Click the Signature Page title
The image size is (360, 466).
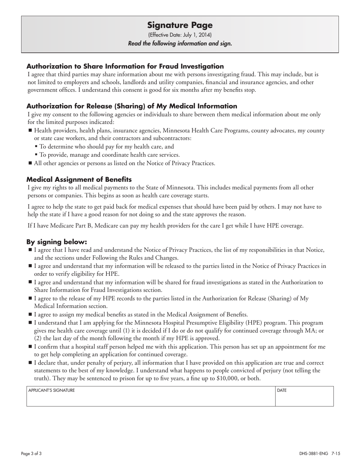pos(180,25)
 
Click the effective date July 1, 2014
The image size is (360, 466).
pos(180,35)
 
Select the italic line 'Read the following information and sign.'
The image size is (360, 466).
pos(180,43)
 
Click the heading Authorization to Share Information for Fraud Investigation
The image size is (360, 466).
pos(125,66)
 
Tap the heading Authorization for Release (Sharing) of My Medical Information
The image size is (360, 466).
pos(131,106)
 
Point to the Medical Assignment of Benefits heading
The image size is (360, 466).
pos(79,179)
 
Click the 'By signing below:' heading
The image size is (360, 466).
pos(56,242)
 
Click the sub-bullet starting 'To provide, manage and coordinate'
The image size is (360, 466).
pos(110,155)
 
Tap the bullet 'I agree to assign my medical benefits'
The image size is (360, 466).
pos(141,314)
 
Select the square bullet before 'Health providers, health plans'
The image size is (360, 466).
pos(30,130)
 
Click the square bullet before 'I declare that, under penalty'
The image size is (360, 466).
pos(30,363)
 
